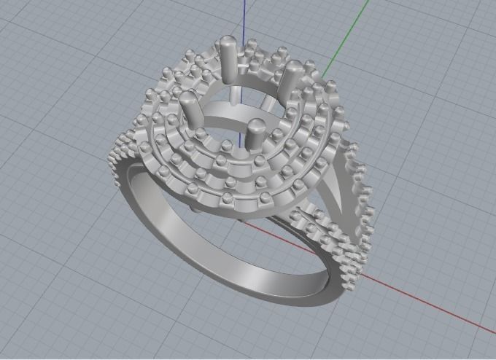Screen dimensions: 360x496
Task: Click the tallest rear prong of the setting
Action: (227, 58)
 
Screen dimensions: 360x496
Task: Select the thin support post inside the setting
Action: (235, 95)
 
